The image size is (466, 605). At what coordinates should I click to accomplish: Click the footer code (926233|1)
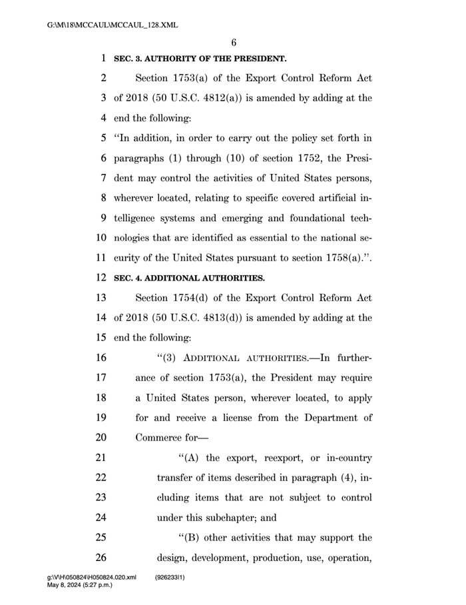[170, 577]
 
